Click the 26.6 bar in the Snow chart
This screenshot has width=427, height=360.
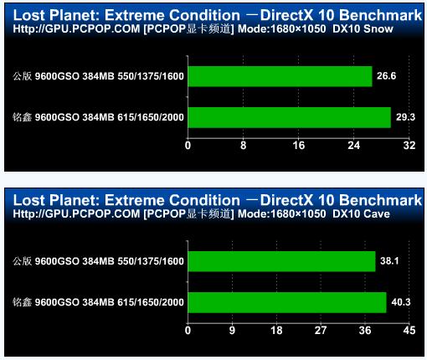click(280, 76)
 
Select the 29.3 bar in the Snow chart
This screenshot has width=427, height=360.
click(290, 117)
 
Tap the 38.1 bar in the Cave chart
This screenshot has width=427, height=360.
click(281, 261)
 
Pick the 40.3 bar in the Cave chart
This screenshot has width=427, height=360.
click(287, 302)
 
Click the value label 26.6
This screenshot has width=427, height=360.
click(386, 76)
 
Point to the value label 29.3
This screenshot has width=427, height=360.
click(405, 117)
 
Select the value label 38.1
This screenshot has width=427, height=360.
click(389, 261)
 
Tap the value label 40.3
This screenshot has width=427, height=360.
click(401, 302)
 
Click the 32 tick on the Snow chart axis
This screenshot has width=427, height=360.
click(409, 146)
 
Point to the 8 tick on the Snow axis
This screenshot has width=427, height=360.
click(243, 146)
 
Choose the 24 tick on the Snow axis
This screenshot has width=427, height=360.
click(353, 146)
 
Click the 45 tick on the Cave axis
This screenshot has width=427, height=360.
click(409, 331)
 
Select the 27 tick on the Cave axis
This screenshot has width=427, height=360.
click(321, 331)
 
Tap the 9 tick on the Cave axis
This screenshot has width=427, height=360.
click(232, 331)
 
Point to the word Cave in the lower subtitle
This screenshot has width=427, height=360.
click(377, 213)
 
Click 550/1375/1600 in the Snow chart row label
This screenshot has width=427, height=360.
click(151, 76)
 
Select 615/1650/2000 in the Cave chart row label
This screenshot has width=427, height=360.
click(151, 302)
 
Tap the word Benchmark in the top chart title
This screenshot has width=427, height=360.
click(381, 15)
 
